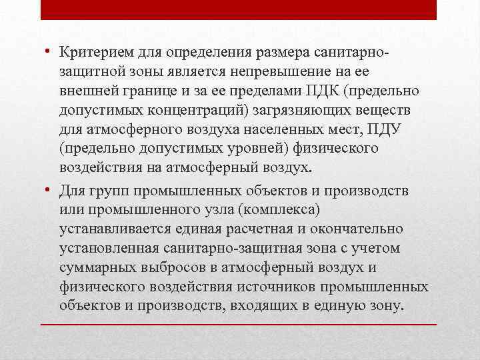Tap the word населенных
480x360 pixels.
tap(291, 127)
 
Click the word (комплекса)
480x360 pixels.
tap(275, 210)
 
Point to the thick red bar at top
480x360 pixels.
tap(239, 10)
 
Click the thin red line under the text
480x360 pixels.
tap(239, 324)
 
